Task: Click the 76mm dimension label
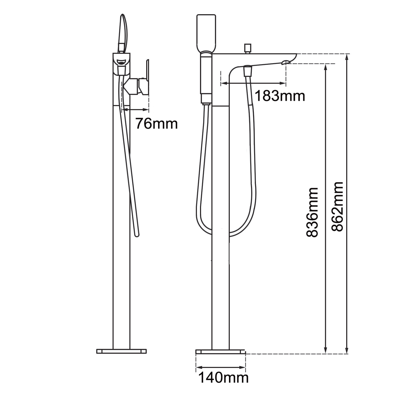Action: click(156, 124)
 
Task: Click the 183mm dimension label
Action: click(279, 96)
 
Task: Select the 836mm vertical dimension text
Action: click(312, 212)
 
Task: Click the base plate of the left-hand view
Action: click(121, 351)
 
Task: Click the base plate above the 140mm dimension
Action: click(220, 351)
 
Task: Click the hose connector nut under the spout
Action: click(247, 71)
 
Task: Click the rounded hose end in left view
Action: click(137, 235)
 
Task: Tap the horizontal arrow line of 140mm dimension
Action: click(221, 367)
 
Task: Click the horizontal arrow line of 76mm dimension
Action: click(135, 110)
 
